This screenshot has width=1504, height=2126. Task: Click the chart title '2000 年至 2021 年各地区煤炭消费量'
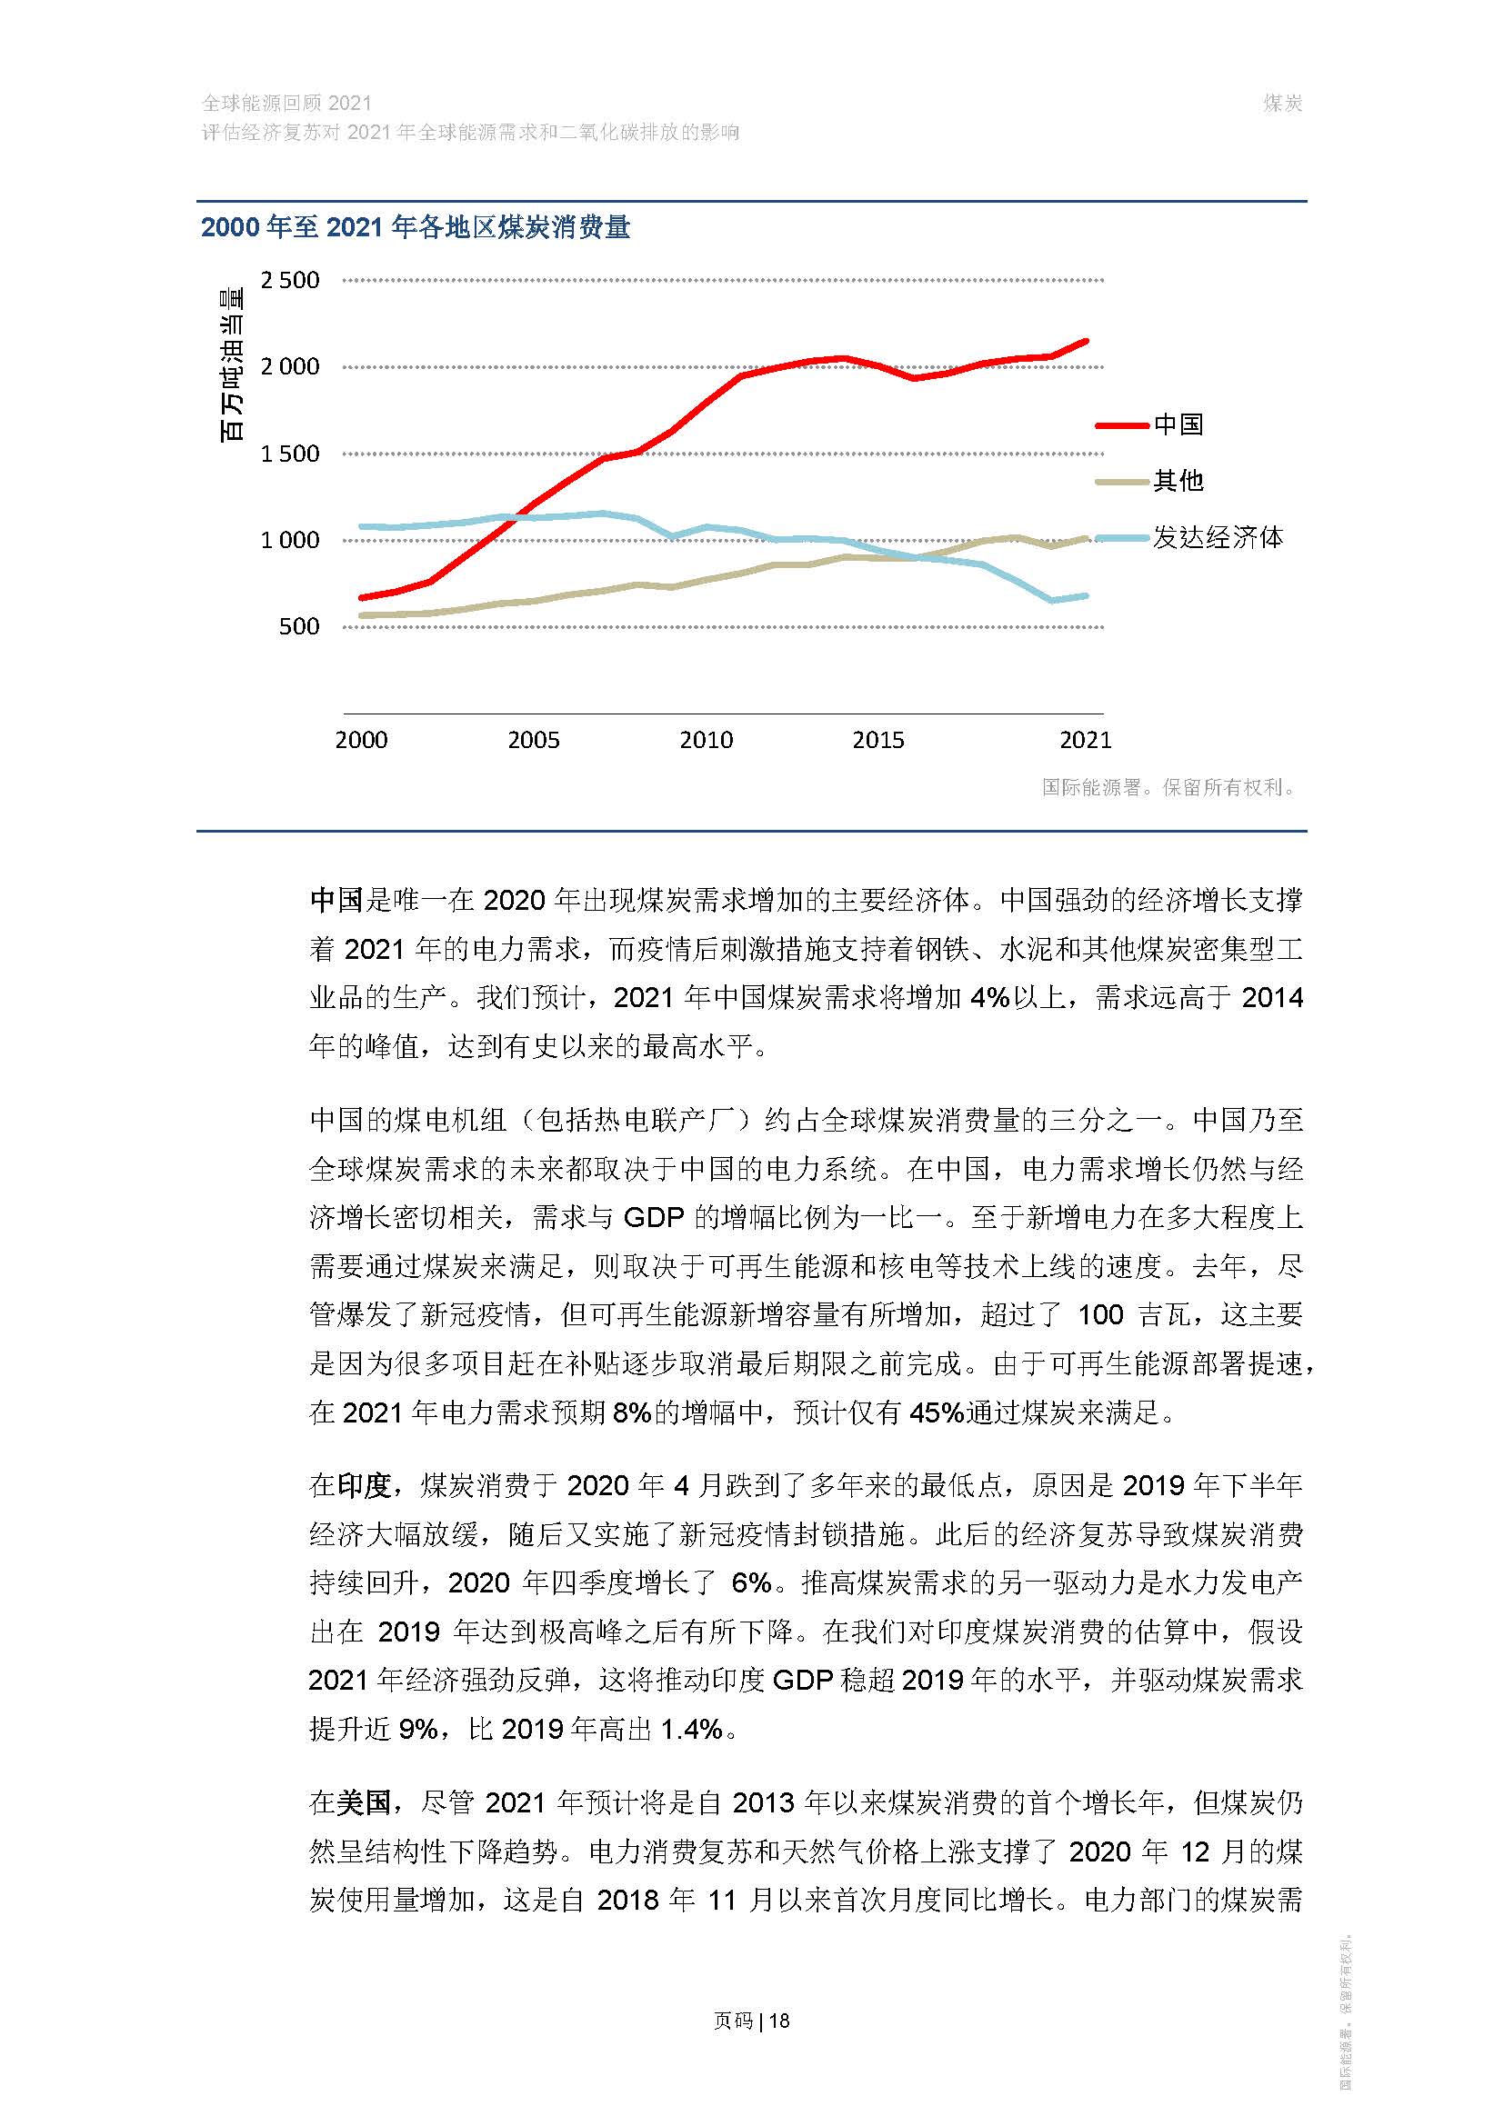415,228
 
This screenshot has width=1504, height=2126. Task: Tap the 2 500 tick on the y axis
290,281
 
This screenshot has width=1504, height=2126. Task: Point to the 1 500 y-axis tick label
290,454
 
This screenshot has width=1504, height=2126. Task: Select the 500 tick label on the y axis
299,627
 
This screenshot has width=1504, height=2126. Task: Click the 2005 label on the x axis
534,740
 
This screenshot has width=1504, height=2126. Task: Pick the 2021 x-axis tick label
1085,740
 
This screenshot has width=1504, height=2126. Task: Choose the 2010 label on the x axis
706,740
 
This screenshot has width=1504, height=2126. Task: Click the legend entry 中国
1178,425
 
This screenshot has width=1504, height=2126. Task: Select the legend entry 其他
1178,481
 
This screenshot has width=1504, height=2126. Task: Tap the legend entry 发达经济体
1217,538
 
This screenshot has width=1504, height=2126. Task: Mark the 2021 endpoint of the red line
1086,342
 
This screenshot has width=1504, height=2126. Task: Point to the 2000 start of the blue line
361,527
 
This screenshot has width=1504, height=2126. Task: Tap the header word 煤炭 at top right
1283,104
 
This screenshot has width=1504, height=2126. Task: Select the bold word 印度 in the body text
364,1486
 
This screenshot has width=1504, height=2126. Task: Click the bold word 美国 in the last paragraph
364,1802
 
